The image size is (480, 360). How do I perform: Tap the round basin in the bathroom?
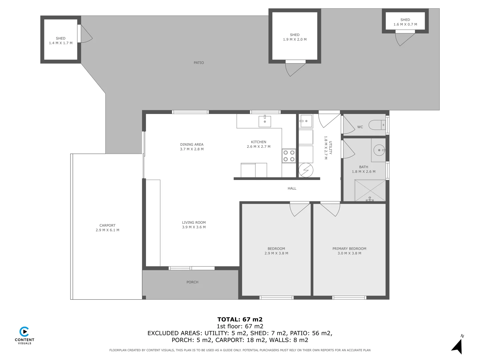pyautogui.click(x=379, y=150)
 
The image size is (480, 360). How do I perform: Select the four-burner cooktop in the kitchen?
pyautogui.click(x=289, y=156)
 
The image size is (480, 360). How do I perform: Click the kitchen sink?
pyautogui.click(x=265, y=121)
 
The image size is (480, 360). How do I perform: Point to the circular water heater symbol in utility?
pyautogui.click(x=306, y=170)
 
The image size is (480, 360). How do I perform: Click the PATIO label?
pyautogui.click(x=199, y=63)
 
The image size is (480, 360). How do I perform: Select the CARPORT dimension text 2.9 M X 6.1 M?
pyautogui.click(x=107, y=230)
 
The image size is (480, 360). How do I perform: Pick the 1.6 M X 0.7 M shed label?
pyautogui.click(x=405, y=24)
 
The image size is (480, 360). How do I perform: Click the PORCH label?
pyautogui.click(x=192, y=282)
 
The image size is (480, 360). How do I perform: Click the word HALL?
pyautogui.click(x=292, y=188)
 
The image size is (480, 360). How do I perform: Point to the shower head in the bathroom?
pyautogui.click(x=370, y=199)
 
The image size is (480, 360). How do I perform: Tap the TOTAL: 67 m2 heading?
pyautogui.click(x=240, y=319)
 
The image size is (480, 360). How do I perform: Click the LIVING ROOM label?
pyautogui.click(x=194, y=222)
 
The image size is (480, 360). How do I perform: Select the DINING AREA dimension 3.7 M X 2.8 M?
pyautogui.click(x=192, y=149)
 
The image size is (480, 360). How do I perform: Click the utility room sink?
pyautogui.click(x=305, y=121)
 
